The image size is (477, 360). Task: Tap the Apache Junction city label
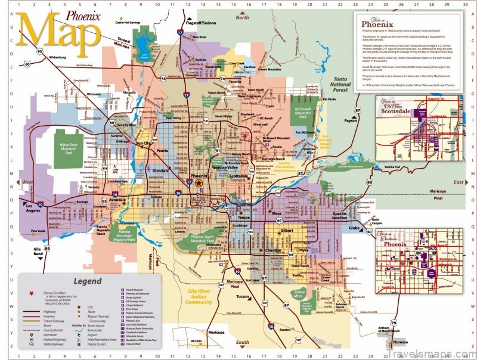(339, 216)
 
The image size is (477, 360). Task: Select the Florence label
(399, 343)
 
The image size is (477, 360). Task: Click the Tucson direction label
(243, 296)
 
